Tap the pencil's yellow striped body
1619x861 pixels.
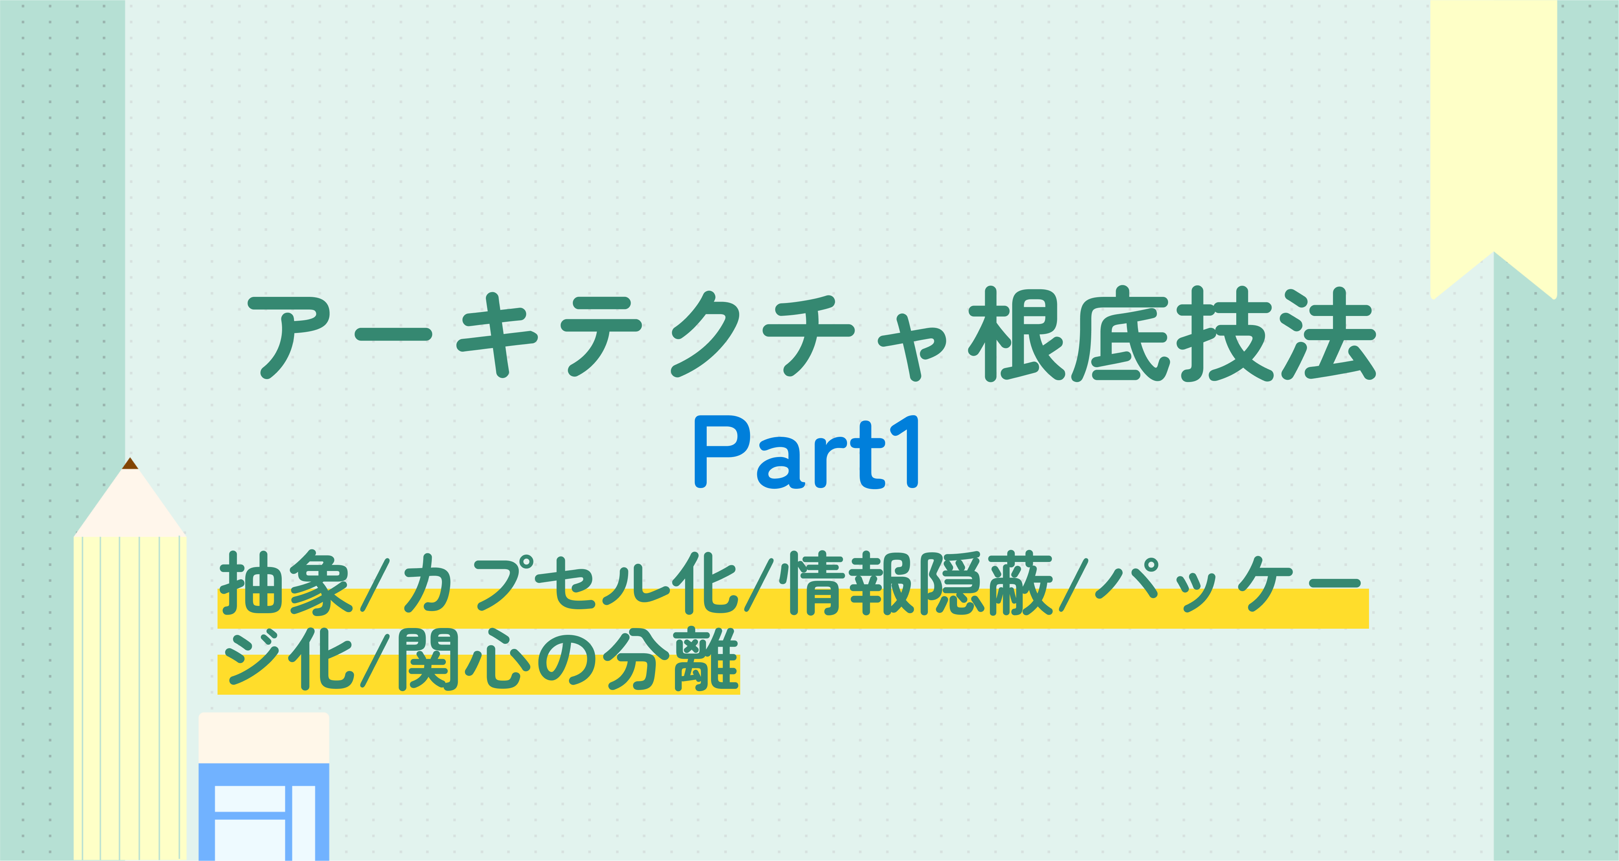[130, 698]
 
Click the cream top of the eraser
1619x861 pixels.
[264, 738]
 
